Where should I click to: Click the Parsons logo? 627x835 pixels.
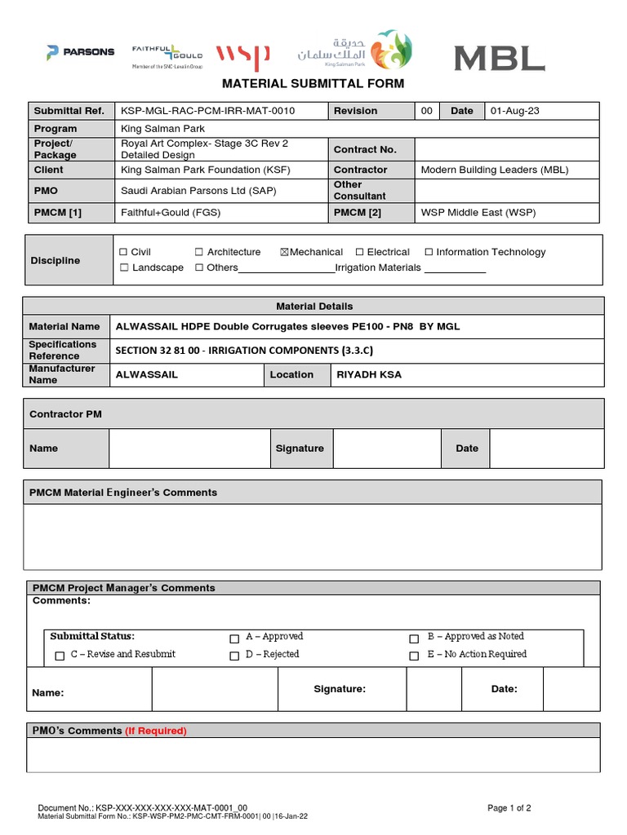(80, 52)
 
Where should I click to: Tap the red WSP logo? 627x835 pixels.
(242, 57)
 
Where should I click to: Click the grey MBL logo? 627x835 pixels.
(499, 58)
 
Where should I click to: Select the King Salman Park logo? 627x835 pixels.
(355, 51)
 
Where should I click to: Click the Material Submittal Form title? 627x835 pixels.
(313, 83)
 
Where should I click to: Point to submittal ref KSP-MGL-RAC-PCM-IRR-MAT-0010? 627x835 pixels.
(208, 111)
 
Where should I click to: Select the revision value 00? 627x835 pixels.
(426, 111)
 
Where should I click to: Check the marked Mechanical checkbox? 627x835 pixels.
(284, 253)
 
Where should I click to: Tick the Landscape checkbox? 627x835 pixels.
(124, 268)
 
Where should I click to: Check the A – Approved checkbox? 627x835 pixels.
(234, 638)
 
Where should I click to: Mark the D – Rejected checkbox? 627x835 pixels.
(234, 656)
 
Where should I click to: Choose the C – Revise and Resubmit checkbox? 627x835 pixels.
(60, 656)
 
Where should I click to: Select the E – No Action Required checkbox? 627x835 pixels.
(415, 656)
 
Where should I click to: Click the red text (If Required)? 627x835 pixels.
(156, 731)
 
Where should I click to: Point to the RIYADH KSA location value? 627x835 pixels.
(369, 375)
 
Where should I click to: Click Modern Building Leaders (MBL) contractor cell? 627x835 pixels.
(494, 170)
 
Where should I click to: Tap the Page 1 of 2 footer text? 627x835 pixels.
(509, 808)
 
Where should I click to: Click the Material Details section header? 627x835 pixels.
(314, 306)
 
